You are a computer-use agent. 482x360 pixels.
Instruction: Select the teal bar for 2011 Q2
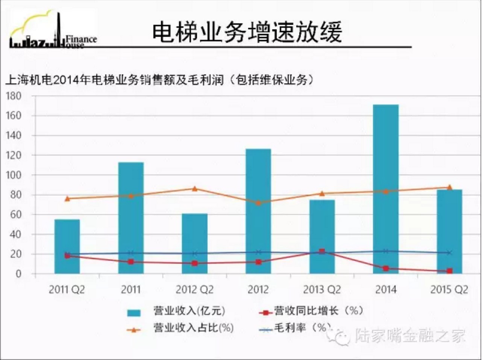[x=67, y=247]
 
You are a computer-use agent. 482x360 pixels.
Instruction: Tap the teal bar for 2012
[x=258, y=211]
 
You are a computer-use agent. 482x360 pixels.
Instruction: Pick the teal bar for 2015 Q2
[x=449, y=231]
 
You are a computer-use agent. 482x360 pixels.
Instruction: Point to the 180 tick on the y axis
[x=14, y=96]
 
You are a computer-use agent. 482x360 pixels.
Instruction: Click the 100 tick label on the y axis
[x=14, y=175]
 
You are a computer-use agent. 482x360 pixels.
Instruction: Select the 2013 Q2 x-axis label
[x=322, y=290]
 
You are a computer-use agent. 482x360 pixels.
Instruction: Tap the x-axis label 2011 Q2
[x=67, y=290]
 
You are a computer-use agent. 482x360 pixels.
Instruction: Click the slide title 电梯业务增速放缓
[x=247, y=32]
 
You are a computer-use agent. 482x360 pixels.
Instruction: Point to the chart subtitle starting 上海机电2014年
[x=159, y=80]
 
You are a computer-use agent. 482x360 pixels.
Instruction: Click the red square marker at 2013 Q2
[x=322, y=251]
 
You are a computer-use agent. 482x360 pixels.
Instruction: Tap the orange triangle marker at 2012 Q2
[x=194, y=188]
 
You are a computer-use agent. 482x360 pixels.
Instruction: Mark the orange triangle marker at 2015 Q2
[x=450, y=187]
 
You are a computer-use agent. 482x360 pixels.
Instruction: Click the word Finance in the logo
[x=81, y=39]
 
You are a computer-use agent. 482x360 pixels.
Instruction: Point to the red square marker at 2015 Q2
[x=449, y=271]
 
